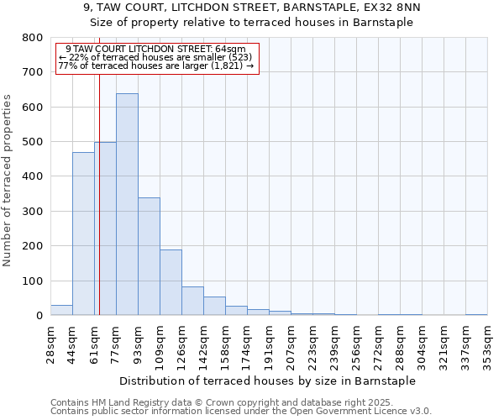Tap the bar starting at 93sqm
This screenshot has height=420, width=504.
click(149, 256)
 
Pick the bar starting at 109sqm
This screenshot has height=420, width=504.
click(171, 282)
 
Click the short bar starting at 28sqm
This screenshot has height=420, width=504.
click(61, 310)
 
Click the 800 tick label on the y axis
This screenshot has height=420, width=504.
click(32, 38)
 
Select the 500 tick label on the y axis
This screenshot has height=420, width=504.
click(32, 142)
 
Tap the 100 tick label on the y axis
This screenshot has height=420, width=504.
click(32, 281)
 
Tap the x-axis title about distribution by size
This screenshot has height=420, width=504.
click(268, 381)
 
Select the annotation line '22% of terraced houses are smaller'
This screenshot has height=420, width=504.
click(157, 57)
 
